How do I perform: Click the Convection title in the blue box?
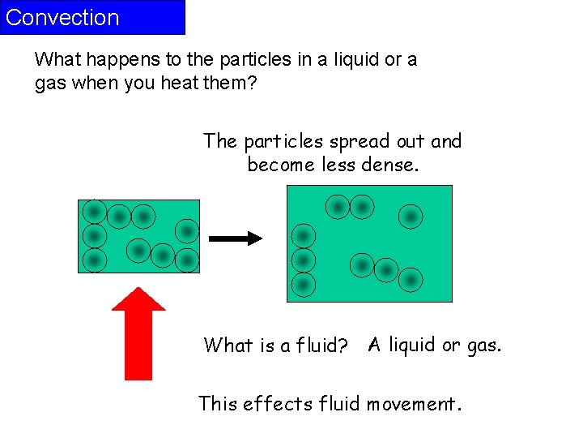tap(62, 18)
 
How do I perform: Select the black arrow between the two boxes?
tap(236, 238)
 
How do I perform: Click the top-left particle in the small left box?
tap(95, 213)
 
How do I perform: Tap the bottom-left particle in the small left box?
tap(95, 260)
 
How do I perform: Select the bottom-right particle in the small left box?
tap(187, 260)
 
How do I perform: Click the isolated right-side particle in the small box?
tap(187, 232)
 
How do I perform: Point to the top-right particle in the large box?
tap(411, 217)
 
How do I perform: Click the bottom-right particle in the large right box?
tap(411, 280)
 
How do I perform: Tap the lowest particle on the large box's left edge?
tap(303, 285)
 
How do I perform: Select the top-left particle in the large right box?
tap(338, 207)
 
